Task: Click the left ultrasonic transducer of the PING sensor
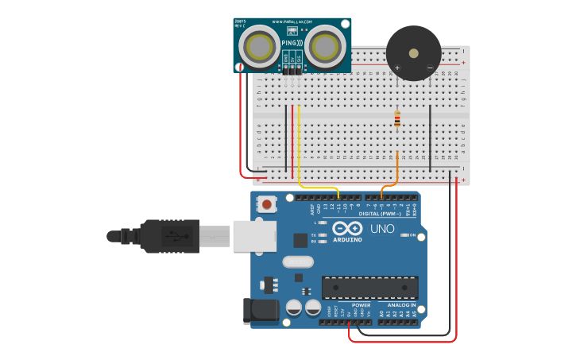(x=259, y=47)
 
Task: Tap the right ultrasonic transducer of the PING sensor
(x=325, y=47)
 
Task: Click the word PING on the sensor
(x=291, y=42)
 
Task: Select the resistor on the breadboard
(x=397, y=120)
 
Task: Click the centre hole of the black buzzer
(x=412, y=54)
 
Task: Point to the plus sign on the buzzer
(x=396, y=68)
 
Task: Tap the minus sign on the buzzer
(x=430, y=68)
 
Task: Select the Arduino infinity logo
(x=345, y=229)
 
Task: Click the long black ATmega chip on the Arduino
(x=369, y=288)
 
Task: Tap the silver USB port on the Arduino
(x=254, y=236)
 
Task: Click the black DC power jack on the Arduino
(x=261, y=311)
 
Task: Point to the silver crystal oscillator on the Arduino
(x=298, y=262)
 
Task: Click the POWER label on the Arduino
(x=361, y=305)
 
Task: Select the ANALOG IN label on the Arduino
(x=401, y=305)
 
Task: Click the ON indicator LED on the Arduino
(x=404, y=235)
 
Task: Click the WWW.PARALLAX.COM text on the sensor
(x=292, y=21)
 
